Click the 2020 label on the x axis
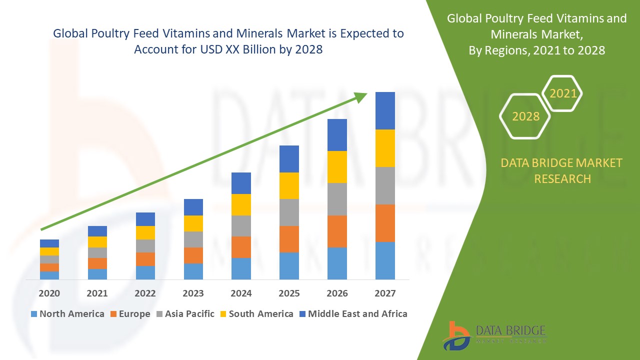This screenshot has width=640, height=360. click(49, 293)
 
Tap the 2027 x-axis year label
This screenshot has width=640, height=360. click(385, 293)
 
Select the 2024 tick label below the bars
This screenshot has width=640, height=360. click(241, 293)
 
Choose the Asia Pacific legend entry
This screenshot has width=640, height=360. click(186, 314)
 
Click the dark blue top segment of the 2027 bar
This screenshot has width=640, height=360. click(385, 110)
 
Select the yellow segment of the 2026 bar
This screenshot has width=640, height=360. click(337, 167)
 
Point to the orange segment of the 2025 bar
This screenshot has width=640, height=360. click(289, 239)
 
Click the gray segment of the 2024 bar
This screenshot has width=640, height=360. click(241, 226)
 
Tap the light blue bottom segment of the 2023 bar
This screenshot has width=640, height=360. click(193, 271)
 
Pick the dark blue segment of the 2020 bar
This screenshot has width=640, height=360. click(49, 243)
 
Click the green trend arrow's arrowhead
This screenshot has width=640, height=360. click(361, 96)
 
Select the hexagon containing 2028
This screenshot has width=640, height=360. click(525, 116)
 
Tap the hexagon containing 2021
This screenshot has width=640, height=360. click(562, 93)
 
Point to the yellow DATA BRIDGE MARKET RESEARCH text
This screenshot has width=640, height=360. click(562, 170)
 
